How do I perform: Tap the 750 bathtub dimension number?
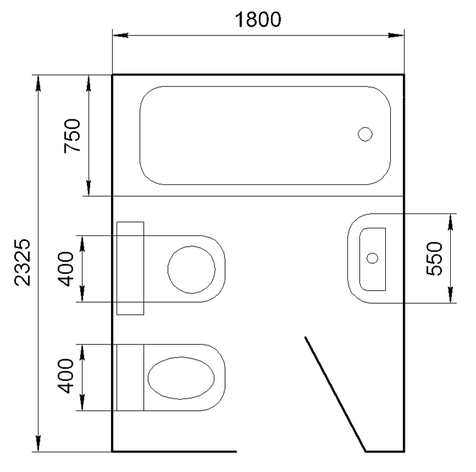pos(73,136)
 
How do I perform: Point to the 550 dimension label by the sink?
pos(435,258)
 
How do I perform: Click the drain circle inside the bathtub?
pos(365,133)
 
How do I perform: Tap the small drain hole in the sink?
pos(372,257)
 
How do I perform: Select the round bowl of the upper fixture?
pos(191,269)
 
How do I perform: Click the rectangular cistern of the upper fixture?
pos(131,268)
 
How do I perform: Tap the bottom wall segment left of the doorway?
pos(174,451)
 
